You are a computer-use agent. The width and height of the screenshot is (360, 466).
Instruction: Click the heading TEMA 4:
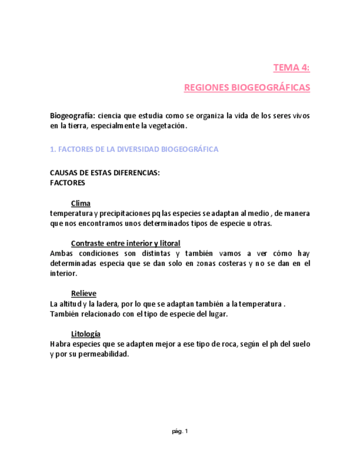[291, 68]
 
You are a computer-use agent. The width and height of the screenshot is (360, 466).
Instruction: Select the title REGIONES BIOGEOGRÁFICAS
[247, 87]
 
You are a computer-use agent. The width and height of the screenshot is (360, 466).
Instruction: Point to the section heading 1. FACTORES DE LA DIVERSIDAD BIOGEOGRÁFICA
[134, 149]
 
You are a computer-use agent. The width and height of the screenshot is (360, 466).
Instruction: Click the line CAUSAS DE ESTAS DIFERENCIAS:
[104, 173]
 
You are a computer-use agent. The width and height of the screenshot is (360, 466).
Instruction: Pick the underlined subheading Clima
[81, 203]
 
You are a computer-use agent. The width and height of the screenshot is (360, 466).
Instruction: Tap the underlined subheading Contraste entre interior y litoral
[125, 243]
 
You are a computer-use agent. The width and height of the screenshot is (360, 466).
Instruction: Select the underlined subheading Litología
[85, 334]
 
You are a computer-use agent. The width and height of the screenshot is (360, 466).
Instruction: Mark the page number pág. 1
[180, 431]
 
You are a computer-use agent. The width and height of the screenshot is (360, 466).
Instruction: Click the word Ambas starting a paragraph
[60, 253]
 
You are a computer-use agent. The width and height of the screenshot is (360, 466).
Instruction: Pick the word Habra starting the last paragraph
[60, 344]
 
